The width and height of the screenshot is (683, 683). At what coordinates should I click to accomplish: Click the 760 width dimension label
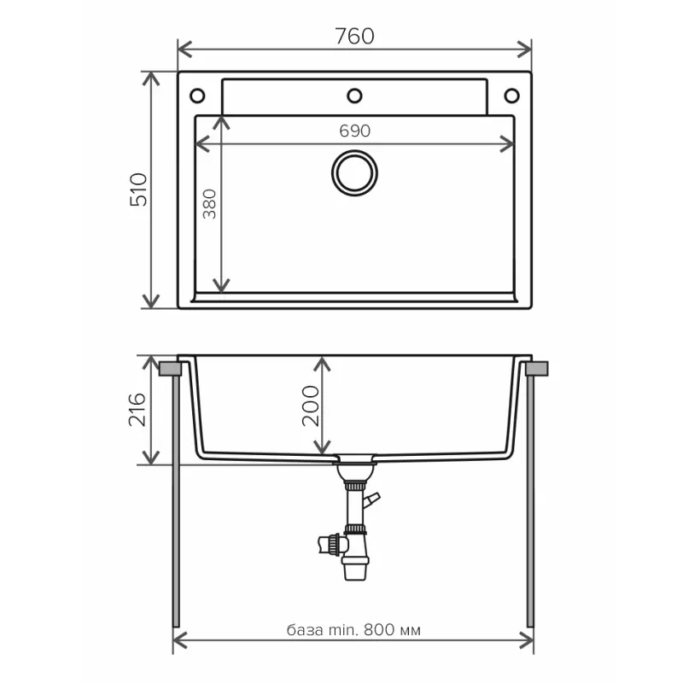pyautogui.click(x=354, y=36)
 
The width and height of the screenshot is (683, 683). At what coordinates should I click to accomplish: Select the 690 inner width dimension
pyautogui.click(x=354, y=131)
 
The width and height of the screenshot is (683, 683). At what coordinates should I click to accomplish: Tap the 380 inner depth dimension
pyautogui.click(x=209, y=204)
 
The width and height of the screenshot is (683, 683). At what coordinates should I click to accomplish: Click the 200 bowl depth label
pyautogui.click(x=308, y=406)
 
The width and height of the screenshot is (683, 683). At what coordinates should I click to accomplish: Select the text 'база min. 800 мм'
pyautogui.click(x=353, y=630)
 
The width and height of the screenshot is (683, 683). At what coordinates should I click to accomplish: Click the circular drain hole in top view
pyautogui.click(x=354, y=172)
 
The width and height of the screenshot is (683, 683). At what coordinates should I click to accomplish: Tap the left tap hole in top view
pyautogui.click(x=197, y=95)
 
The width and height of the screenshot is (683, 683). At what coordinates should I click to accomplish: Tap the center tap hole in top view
pyautogui.click(x=354, y=95)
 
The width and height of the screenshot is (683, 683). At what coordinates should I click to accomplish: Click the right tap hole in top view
pyautogui.click(x=511, y=95)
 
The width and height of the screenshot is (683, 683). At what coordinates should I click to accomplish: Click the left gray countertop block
pyautogui.click(x=170, y=369)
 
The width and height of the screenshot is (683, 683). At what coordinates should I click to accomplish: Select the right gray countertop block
pyautogui.click(x=538, y=369)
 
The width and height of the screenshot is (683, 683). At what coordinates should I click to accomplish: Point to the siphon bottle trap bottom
pyautogui.click(x=354, y=569)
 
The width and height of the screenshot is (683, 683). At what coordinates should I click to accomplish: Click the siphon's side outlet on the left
pyautogui.click(x=327, y=542)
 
